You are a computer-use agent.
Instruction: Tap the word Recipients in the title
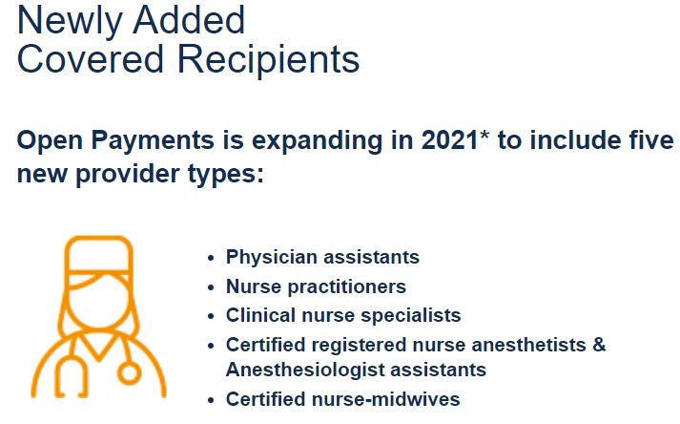pyautogui.click(x=268, y=61)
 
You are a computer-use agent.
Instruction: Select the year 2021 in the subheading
pyautogui.click(x=449, y=140)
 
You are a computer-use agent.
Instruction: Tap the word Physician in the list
pyautogui.click(x=272, y=258)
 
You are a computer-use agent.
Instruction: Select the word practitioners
pyautogui.click(x=347, y=287)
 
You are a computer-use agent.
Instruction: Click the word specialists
pyautogui.click(x=411, y=316)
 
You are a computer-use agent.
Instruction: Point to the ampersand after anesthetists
pyautogui.click(x=599, y=345)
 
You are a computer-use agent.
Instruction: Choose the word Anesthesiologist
pyautogui.click(x=302, y=371)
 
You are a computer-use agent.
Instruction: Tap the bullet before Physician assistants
pyautogui.click(x=211, y=258)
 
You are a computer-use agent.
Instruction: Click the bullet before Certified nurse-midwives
pyautogui.click(x=211, y=400)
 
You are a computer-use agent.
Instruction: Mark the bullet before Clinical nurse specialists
pyautogui.click(x=211, y=316)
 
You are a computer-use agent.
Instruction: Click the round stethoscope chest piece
pyautogui.click(x=130, y=373)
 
